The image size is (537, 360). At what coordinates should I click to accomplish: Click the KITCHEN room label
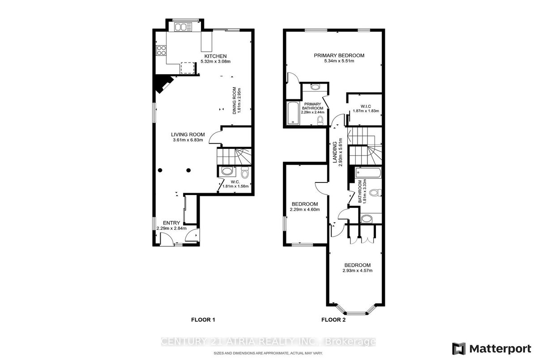point(215,56)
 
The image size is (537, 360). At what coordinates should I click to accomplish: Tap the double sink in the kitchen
point(183,27)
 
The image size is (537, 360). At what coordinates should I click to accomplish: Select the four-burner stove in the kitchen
point(161,50)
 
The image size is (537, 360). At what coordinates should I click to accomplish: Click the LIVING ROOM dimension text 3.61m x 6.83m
point(188,140)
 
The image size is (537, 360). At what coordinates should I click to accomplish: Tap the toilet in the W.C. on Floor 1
point(245,173)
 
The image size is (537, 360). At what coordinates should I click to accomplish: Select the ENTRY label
point(171,223)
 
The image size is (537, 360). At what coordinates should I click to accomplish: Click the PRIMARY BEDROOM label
point(339,55)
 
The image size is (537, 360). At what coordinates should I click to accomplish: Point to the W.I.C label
point(366,106)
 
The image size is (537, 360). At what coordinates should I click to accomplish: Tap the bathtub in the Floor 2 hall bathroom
point(368,173)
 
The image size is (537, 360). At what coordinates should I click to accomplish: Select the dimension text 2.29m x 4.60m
point(305,210)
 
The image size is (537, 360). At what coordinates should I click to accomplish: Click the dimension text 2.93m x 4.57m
point(358,271)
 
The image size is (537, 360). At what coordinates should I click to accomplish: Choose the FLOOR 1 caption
point(203,320)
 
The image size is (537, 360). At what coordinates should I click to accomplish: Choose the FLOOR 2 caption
point(333,320)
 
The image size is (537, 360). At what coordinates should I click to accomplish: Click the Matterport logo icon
point(459,349)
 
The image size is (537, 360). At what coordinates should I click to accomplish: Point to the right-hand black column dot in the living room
point(188,170)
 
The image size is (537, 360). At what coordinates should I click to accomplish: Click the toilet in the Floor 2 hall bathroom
point(375,192)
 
